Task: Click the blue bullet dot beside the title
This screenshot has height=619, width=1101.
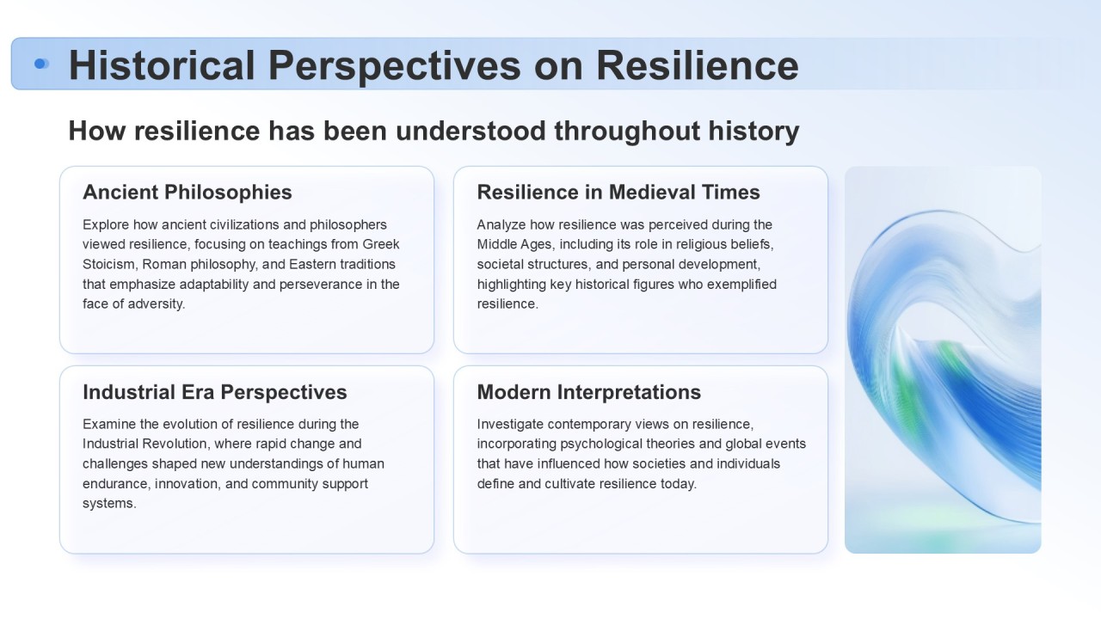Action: (x=41, y=64)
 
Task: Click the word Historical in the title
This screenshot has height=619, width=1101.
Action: (x=162, y=65)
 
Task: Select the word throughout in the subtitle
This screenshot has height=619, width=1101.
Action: (x=627, y=132)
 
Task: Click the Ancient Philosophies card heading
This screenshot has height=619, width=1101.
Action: (x=188, y=192)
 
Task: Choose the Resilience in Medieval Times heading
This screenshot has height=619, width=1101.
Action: (x=618, y=192)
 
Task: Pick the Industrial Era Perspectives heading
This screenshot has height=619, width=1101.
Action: (x=215, y=392)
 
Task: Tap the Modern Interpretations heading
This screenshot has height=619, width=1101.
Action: (x=589, y=392)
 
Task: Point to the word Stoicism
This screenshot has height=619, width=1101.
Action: (x=110, y=264)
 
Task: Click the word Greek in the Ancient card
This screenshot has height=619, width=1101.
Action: (x=381, y=244)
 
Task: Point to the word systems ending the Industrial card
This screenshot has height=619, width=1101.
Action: (x=109, y=504)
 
